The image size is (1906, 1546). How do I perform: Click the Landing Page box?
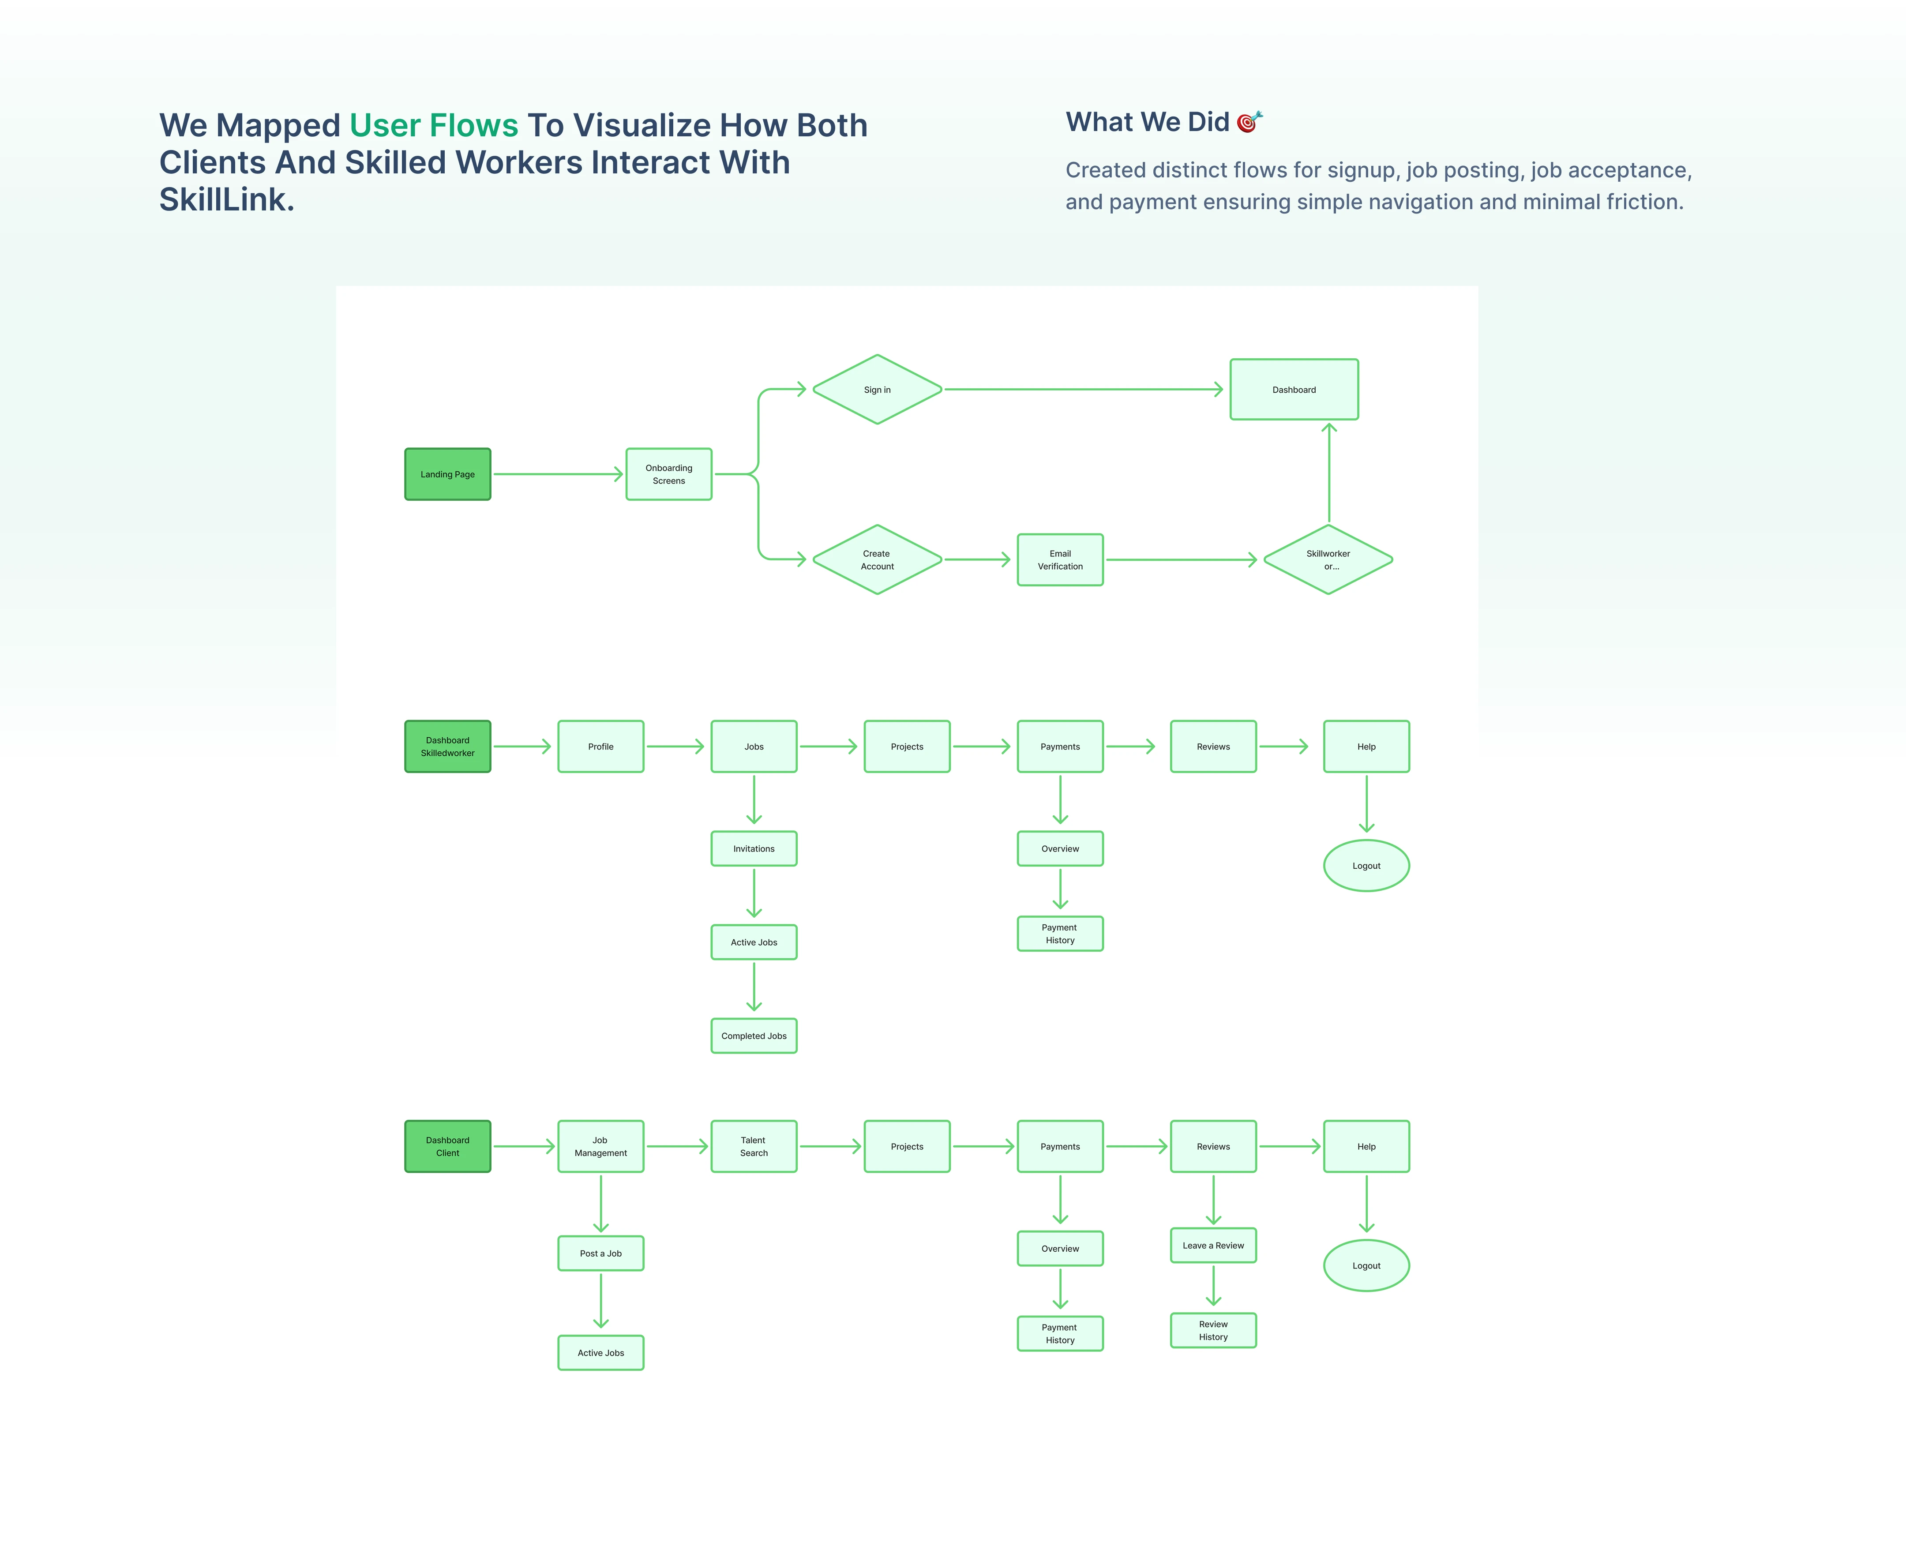(447, 474)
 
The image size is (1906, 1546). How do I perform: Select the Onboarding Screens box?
(669, 474)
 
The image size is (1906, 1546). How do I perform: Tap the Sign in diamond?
(877, 389)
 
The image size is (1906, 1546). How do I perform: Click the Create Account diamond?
(877, 559)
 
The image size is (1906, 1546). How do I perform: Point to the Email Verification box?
(1060, 559)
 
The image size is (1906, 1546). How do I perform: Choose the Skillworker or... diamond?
(1328, 559)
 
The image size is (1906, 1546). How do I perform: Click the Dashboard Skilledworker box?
(447, 746)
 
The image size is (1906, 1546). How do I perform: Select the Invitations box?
(754, 849)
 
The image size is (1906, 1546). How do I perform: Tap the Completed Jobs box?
(754, 1036)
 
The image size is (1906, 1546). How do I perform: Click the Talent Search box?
(754, 1146)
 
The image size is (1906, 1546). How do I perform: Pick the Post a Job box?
(600, 1253)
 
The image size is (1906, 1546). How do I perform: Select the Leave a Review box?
(1213, 1245)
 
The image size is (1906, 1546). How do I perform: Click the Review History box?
(1213, 1331)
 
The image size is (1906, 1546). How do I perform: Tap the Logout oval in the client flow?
(1366, 1265)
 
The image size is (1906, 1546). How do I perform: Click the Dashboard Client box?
(447, 1146)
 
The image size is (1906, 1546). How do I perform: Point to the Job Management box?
(600, 1146)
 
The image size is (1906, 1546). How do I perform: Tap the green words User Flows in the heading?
(434, 126)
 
